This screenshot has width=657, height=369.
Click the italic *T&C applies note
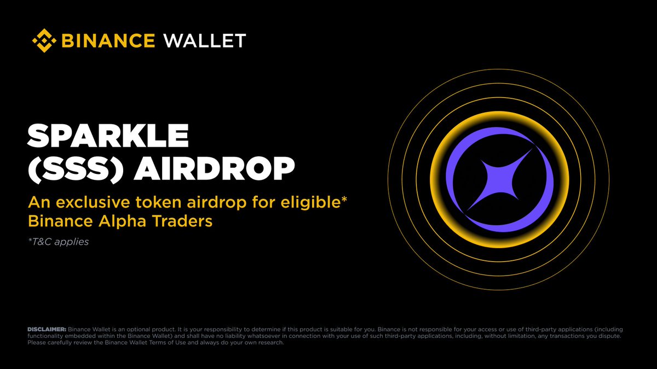(x=58, y=241)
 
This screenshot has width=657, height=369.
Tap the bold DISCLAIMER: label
(x=47, y=329)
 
